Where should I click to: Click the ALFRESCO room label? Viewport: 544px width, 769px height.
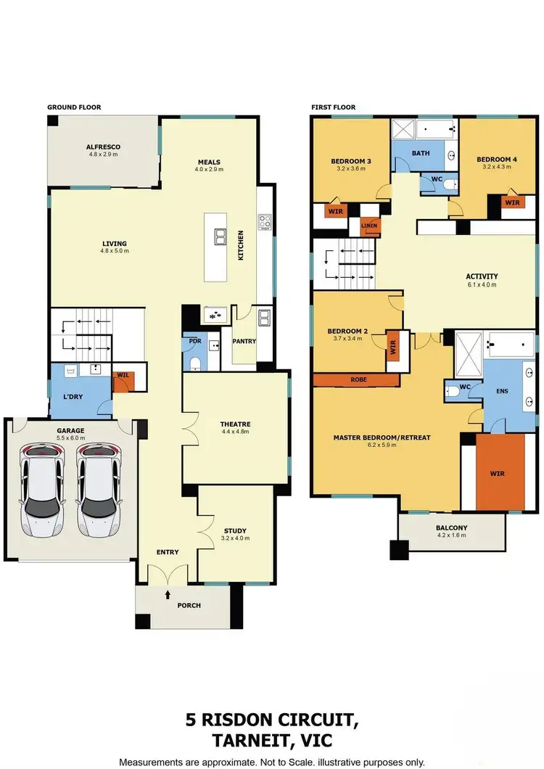coord(104,147)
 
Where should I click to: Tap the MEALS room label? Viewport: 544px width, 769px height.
coord(208,163)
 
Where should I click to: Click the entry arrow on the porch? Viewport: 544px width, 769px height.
coord(168,594)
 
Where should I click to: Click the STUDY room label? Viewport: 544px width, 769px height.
coord(235,530)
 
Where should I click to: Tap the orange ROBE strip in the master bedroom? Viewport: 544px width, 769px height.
coord(356,379)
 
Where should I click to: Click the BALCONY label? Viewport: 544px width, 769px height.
coord(451,527)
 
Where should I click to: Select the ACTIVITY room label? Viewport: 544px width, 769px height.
coord(482,276)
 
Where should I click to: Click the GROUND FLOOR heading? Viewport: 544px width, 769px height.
coord(74,107)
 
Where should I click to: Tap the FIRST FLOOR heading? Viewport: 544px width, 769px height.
coord(334,107)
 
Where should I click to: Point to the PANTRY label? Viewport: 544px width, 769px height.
coord(244,341)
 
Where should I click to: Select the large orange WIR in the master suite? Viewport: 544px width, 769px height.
coord(498,473)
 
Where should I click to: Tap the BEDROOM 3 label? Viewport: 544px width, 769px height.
coord(351,161)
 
